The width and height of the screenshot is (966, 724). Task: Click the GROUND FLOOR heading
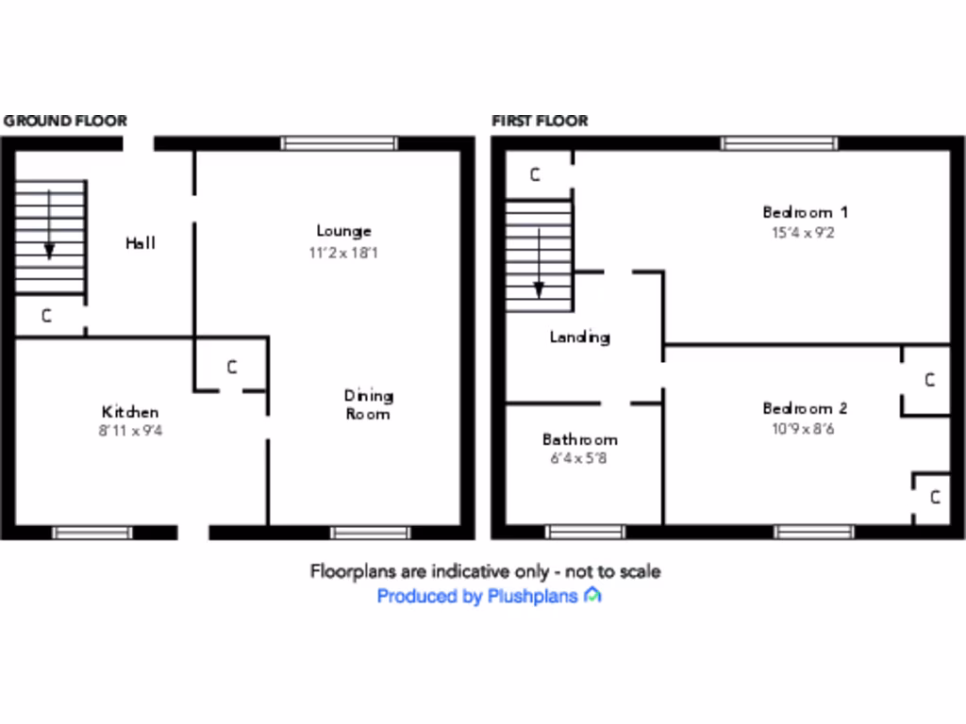(x=65, y=121)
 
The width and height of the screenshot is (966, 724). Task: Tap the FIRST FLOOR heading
(x=540, y=121)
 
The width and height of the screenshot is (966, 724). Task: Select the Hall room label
(x=141, y=243)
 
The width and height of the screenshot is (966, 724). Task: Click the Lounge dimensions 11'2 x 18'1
(x=344, y=253)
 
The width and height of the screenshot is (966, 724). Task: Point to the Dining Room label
(x=368, y=404)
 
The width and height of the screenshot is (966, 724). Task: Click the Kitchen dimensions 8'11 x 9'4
(x=130, y=431)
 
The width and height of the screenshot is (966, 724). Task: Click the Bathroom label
(x=579, y=439)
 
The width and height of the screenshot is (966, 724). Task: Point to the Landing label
(x=579, y=337)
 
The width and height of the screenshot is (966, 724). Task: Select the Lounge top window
(x=340, y=143)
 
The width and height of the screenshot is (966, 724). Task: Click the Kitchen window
(x=92, y=533)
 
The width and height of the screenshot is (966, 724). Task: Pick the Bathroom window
(x=585, y=533)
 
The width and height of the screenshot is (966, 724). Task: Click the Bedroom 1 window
(x=779, y=143)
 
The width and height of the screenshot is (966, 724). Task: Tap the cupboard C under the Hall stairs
(x=46, y=317)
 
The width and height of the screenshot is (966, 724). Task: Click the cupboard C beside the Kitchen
(x=232, y=368)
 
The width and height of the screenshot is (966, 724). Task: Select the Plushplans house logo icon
(x=592, y=595)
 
